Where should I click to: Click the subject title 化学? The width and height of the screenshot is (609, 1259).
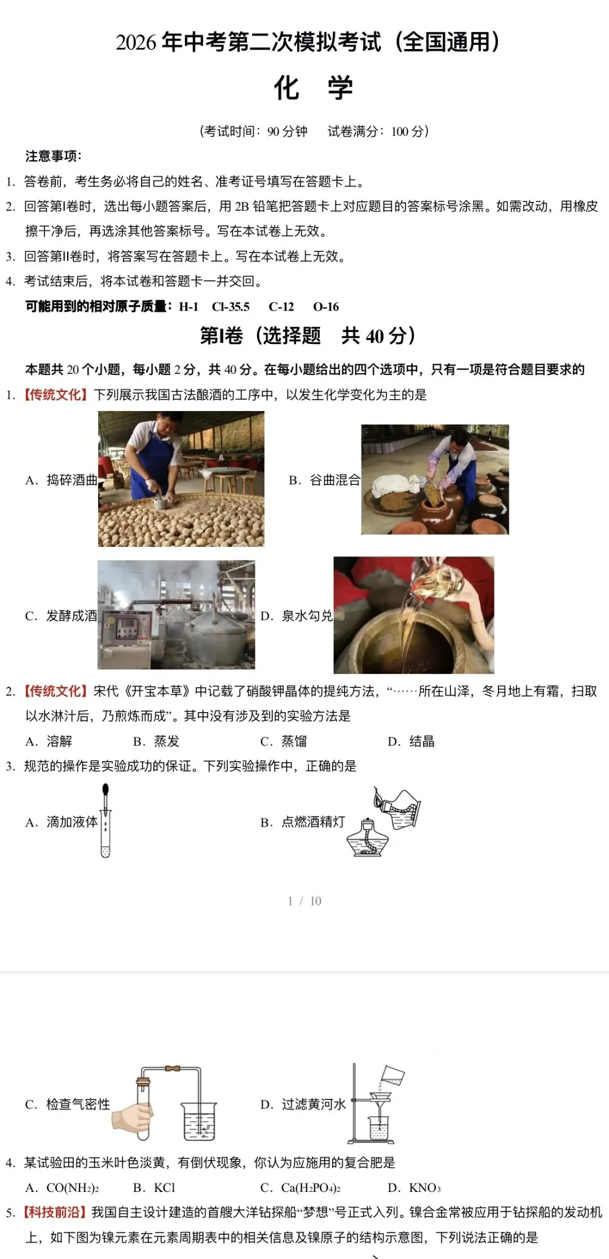(313, 88)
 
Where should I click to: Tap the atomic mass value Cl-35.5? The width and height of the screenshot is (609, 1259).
(231, 307)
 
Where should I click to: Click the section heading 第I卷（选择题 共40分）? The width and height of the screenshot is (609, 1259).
(307, 336)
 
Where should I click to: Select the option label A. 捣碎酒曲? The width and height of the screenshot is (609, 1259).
(61, 480)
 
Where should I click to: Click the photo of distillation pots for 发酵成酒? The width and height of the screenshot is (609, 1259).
(176, 615)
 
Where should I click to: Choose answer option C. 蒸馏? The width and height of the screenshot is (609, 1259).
(284, 741)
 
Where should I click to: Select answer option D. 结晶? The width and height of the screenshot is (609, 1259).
(411, 741)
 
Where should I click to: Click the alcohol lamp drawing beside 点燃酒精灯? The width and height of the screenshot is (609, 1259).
(368, 838)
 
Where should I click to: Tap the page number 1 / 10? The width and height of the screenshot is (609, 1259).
(304, 901)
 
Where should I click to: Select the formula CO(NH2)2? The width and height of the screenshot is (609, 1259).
(72, 1188)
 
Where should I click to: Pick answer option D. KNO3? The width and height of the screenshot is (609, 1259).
(414, 1188)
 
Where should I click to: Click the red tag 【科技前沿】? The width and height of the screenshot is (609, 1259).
(55, 1212)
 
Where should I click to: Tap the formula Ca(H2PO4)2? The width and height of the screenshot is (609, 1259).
(311, 1188)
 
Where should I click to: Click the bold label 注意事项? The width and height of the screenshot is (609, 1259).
(53, 156)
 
